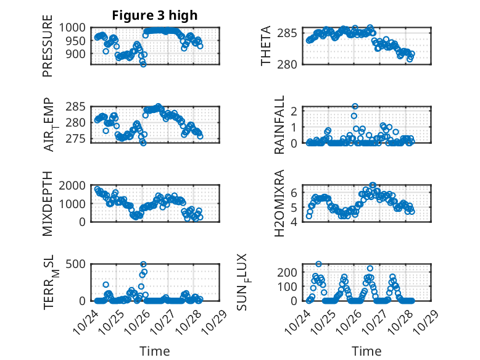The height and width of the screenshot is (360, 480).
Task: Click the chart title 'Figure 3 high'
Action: pos(155,15)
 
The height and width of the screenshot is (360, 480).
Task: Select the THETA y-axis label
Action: pos(266,46)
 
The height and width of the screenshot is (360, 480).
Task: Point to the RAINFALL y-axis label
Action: pos(280,125)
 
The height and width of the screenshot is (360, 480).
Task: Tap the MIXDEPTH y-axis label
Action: pos(48,204)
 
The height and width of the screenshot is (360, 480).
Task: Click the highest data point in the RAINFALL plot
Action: pos(355,106)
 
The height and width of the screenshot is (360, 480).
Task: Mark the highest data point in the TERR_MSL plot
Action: pos(143,264)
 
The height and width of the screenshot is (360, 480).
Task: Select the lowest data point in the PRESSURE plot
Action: pos(143,64)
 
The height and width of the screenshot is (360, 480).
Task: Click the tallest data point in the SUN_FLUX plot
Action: pos(318,264)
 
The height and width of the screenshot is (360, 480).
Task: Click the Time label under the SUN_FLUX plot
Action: pos(366,351)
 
